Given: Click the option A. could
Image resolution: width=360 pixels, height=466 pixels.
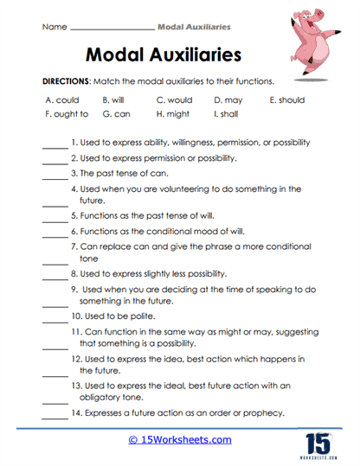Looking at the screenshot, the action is pos(62,99).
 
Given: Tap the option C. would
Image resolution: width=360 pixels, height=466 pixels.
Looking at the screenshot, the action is pos(175,99).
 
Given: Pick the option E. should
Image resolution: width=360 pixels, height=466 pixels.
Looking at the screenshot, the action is pos(286,99).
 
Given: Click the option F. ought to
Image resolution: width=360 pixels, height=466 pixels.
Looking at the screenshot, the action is pos(66,113).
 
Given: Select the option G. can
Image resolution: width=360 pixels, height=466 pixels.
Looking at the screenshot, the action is pos(116,113).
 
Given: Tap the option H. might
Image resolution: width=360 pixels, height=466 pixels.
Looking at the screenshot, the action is pos(173,113).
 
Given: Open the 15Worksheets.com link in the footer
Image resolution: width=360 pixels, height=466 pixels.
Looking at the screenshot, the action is pos(179,439).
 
